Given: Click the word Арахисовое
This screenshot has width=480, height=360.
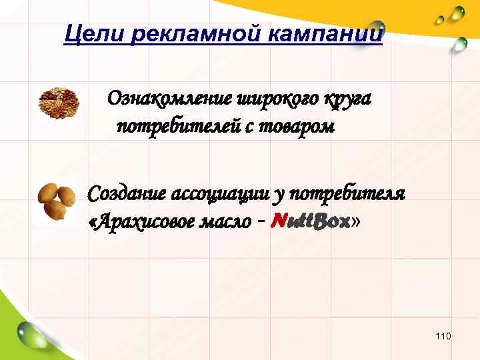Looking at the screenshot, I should (x=142, y=222).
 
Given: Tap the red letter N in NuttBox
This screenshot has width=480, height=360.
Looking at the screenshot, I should (x=281, y=222).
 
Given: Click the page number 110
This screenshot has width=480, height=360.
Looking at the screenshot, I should (x=443, y=336).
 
